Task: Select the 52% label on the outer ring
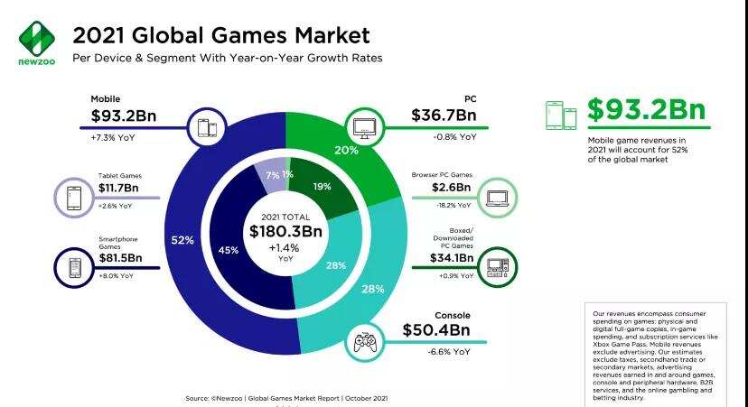click(182, 240)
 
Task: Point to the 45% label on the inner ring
click(229, 250)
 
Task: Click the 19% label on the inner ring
click(323, 187)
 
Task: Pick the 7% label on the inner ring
click(272, 173)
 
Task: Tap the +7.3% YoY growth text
click(112, 137)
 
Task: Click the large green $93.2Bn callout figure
click(645, 111)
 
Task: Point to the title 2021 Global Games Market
click(220, 36)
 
